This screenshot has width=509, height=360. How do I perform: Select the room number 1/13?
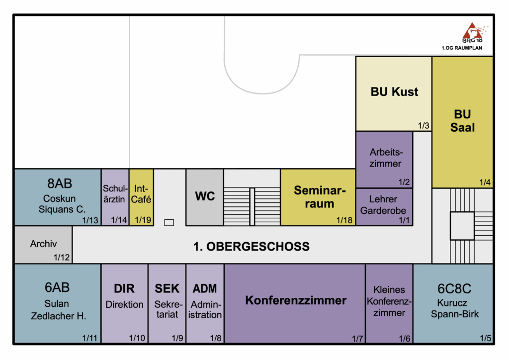[91, 220]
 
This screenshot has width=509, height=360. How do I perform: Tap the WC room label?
[205, 196]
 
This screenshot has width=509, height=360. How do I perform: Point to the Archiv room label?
[43, 244]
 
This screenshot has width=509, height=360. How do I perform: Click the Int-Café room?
[141, 197]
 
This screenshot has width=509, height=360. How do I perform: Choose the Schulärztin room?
[115, 197]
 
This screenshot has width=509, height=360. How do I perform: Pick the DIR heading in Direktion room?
[124, 288]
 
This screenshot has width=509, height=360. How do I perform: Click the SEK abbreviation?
[167, 288]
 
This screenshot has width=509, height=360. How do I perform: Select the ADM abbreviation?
[205, 288]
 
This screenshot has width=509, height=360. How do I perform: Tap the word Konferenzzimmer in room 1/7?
[296, 300]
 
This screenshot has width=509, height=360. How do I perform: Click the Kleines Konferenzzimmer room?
[389, 301]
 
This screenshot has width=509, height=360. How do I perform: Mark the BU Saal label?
[462, 121]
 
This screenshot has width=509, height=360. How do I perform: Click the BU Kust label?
[394, 92]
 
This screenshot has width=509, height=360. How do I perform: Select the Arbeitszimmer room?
[385, 158]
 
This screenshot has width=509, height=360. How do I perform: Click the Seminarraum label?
[319, 197]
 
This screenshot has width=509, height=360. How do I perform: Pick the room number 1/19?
[142, 220]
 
